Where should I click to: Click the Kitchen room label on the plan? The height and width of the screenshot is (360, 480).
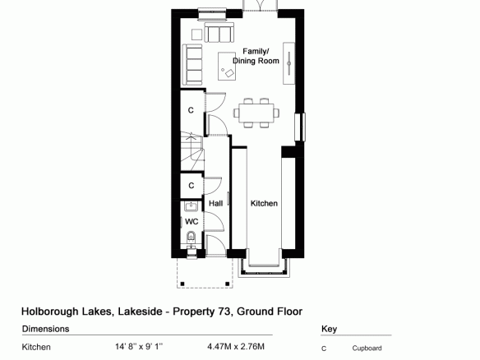point(264,203)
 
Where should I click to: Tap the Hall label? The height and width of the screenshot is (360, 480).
point(215,203)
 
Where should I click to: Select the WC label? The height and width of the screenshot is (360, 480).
point(192,221)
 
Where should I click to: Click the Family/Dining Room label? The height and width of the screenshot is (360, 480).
point(256,56)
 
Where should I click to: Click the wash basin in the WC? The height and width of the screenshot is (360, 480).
point(192,206)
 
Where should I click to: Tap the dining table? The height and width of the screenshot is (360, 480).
point(256,113)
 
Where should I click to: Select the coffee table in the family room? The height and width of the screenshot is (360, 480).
point(227,66)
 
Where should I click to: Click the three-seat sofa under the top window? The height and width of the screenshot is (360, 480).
point(219,32)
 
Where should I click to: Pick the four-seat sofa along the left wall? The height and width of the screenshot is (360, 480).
point(192,65)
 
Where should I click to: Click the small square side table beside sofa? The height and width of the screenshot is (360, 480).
point(196,35)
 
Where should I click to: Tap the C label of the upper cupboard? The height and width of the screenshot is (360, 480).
point(191,110)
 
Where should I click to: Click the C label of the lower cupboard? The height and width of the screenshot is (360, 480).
point(192,185)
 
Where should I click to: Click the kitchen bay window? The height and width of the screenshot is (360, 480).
point(264,267)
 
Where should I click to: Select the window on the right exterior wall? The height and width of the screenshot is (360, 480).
point(300,127)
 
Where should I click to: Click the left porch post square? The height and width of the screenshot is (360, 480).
point(182,284)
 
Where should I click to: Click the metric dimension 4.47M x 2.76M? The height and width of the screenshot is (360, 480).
point(236,347)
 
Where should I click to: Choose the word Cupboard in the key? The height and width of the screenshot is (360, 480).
point(367,348)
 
